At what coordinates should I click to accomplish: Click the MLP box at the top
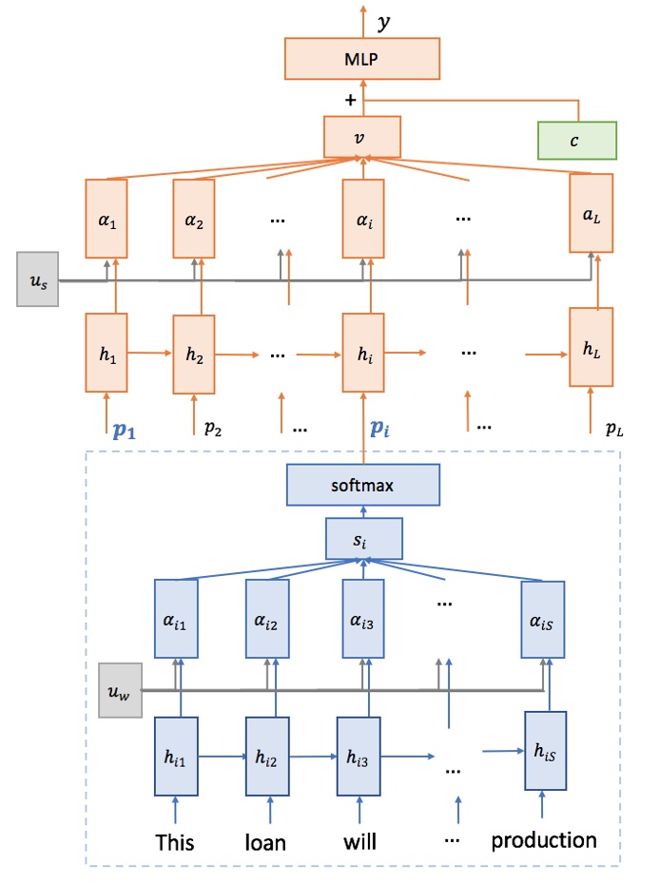pos(361,59)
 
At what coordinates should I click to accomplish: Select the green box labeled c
pos(576,140)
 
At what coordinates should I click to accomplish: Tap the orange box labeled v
pos(360,136)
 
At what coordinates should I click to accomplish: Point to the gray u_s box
pos(38,279)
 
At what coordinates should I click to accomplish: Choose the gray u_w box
pos(121,684)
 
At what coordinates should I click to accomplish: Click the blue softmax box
pos(362,486)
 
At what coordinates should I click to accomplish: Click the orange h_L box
pos(591,347)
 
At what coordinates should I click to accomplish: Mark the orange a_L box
pos(591,213)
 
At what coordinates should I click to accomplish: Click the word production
pos(543,840)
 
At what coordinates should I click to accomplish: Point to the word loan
pos(265,842)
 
